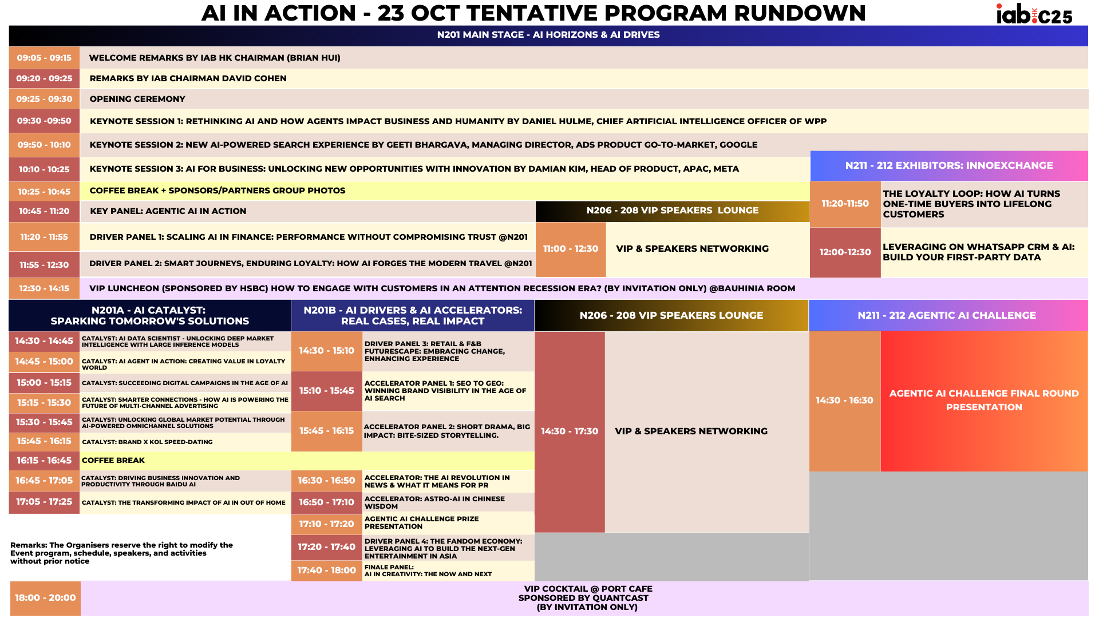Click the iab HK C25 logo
(x=1034, y=14)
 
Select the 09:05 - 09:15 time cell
(x=44, y=58)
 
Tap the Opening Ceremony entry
(x=137, y=99)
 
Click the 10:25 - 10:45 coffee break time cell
(x=44, y=192)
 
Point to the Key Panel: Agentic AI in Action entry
(x=168, y=211)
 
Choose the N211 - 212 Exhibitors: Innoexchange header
(x=948, y=165)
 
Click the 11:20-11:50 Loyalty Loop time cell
(x=845, y=204)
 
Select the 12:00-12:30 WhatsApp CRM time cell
(x=845, y=252)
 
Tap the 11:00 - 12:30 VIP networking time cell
(x=570, y=249)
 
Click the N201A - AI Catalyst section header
(x=150, y=315)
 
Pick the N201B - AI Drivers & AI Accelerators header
(x=413, y=315)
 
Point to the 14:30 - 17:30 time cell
(x=570, y=431)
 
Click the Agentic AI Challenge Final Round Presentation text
(x=983, y=401)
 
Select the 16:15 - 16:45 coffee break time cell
(x=44, y=461)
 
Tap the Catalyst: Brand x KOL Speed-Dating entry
(x=147, y=442)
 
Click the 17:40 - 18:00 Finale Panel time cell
(x=326, y=571)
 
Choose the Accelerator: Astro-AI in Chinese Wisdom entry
(x=434, y=502)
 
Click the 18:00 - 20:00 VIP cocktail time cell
(x=45, y=598)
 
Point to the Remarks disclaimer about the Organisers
(x=121, y=553)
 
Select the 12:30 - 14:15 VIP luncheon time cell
(x=44, y=288)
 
